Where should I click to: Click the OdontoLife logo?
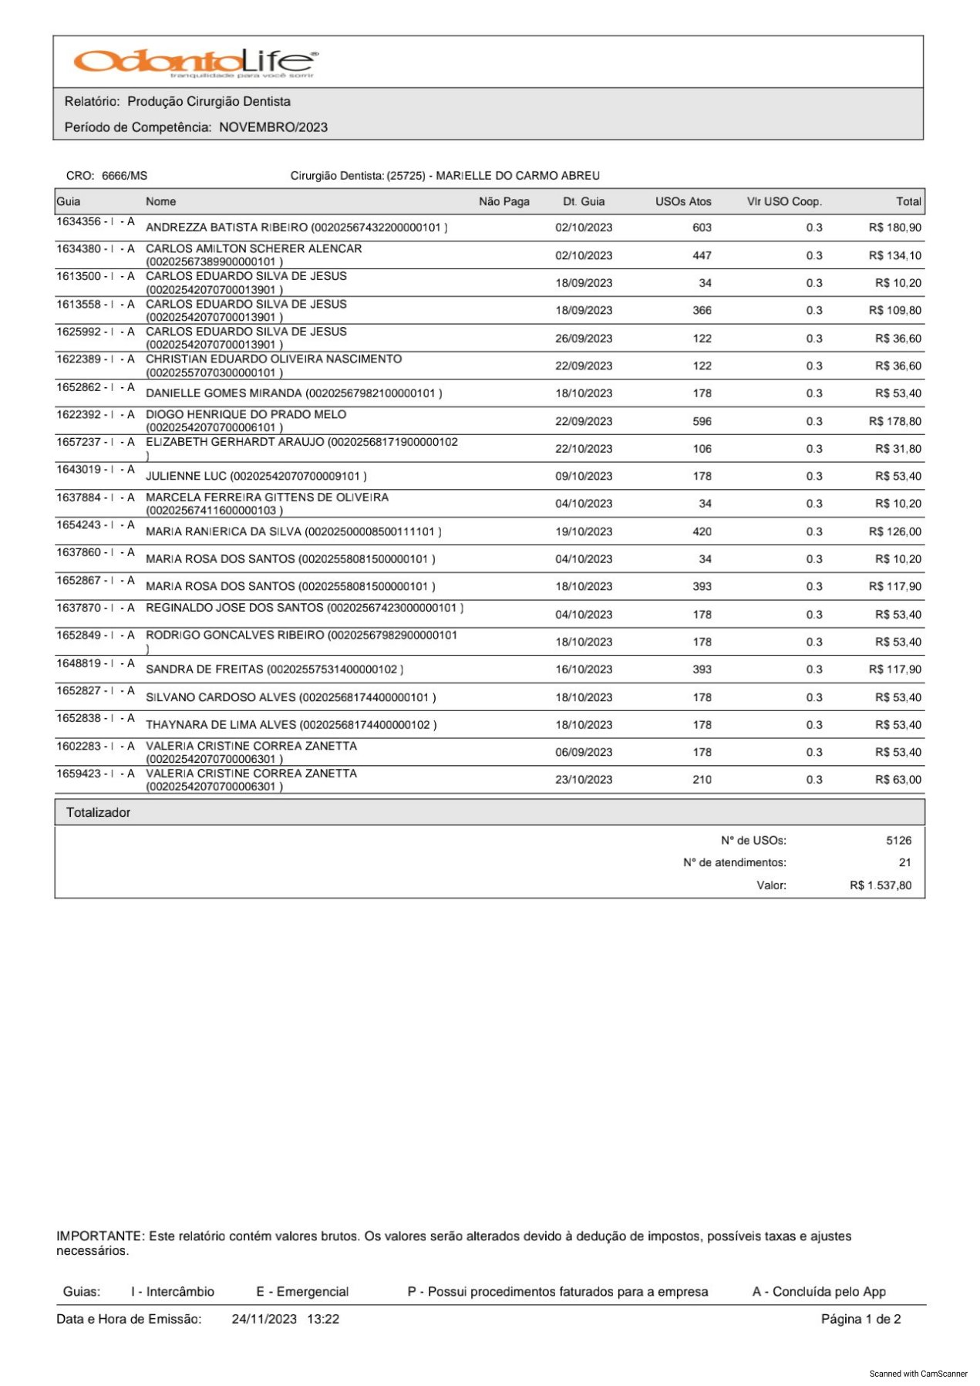194,62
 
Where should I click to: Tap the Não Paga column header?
503,201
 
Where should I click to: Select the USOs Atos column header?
683,201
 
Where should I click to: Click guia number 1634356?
79,222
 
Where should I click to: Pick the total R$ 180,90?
894,228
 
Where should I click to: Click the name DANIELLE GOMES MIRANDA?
224,393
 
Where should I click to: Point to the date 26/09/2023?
584,339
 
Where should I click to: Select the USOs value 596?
702,421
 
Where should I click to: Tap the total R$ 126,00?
894,531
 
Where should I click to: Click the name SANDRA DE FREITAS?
204,669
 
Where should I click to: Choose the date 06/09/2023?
584,752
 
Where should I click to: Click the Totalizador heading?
98,812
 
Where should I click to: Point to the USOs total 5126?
898,841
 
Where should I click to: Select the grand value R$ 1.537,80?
880,885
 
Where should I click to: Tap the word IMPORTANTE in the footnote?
99,1236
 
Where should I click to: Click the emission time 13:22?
323,1319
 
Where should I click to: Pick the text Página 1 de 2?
860,1319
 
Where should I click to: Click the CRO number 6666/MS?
124,176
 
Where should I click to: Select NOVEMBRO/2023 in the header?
273,127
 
